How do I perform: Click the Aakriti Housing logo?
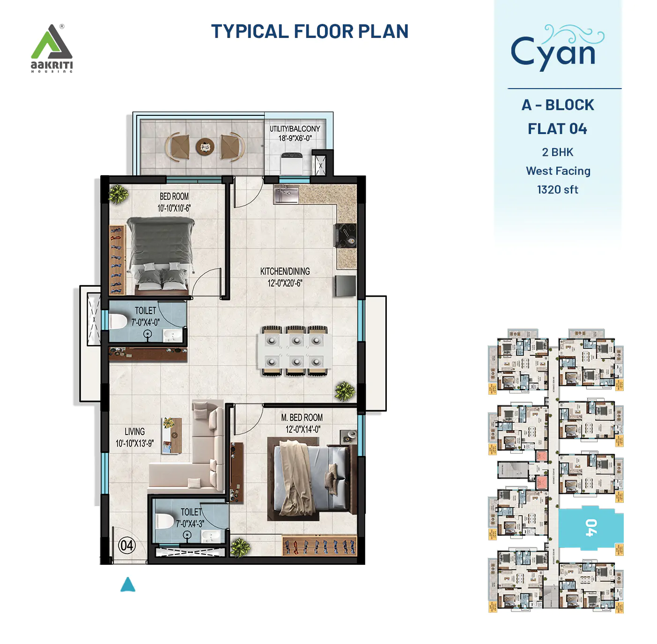coord(52,48)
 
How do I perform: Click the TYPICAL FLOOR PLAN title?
coord(310,31)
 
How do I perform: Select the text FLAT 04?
coord(557,129)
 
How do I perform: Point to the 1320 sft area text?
coord(557,190)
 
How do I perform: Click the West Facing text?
coord(558,171)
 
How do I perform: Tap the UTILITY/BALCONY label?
coord(295,133)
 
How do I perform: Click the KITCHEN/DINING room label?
coord(285,277)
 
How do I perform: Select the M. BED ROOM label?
coord(302,423)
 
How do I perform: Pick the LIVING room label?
coord(134,437)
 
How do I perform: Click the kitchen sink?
coord(286,194)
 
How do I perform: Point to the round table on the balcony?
coord(205,147)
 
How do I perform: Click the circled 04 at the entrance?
coord(127,546)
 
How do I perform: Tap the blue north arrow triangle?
coord(128,585)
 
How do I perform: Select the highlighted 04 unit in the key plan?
coord(591,528)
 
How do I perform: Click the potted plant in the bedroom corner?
coord(118,194)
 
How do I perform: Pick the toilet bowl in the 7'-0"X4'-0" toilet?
coord(118,322)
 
